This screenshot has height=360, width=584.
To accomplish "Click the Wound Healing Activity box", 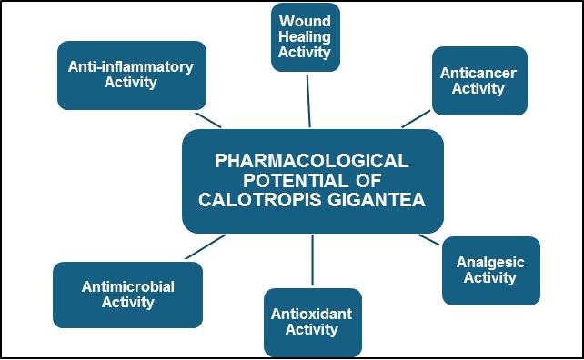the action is pyautogui.click(x=306, y=37).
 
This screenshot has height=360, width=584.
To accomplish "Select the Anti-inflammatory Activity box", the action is pyautogui.click(x=132, y=75).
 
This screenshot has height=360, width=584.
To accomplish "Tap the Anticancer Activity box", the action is pyautogui.click(x=479, y=81).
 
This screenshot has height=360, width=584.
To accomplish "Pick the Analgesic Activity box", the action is pyautogui.click(x=491, y=271).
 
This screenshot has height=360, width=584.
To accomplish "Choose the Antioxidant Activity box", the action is pyautogui.click(x=313, y=323).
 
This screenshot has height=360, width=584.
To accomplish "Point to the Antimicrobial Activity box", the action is pyautogui.click(x=127, y=295).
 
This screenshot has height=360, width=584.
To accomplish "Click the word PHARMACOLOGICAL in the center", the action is pyautogui.click(x=312, y=161).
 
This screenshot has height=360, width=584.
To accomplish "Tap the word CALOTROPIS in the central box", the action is pyautogui.click(x=260, y=200).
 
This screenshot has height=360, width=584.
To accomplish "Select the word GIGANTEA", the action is pyautogui.click(x=377, y=200).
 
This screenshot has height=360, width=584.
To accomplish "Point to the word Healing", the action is pyautogui.click(x=305, y=37).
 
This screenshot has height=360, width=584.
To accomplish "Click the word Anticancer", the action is pyautogui.click(x=478, y=73).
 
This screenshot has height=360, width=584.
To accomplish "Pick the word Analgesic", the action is pyautogui.click(x=490, y=263).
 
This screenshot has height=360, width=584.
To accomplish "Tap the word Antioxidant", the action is pyautogui.click(x=311, y=314).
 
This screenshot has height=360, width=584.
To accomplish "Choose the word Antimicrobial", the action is pyautogui.click(x=128, y=286).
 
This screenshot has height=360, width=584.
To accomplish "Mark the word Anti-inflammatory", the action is pyautogui.click(x=131, y=67).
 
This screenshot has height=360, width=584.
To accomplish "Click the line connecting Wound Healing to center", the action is pyautogui.click(x=308, y=101).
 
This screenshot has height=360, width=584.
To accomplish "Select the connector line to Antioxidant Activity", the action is pyautogui.click(x=313, y=260).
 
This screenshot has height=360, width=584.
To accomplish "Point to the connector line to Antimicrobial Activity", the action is pyautogui.click(x=206, y=246).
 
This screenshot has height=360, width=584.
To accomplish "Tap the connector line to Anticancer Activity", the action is pyautogui.click(x=416, y=119).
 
